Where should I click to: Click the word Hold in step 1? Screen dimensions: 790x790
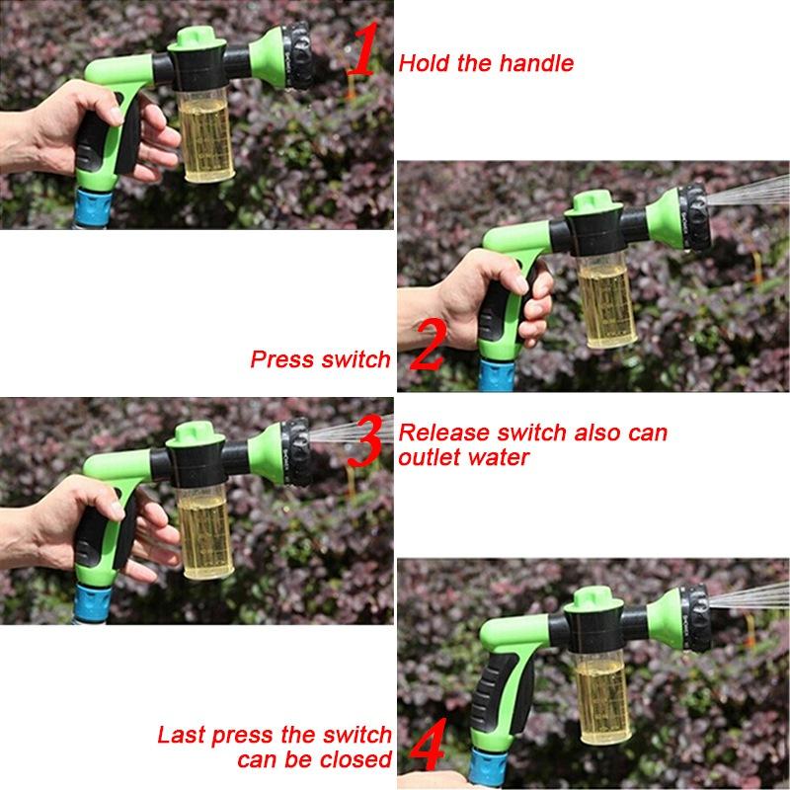click(x=424, y=64)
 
